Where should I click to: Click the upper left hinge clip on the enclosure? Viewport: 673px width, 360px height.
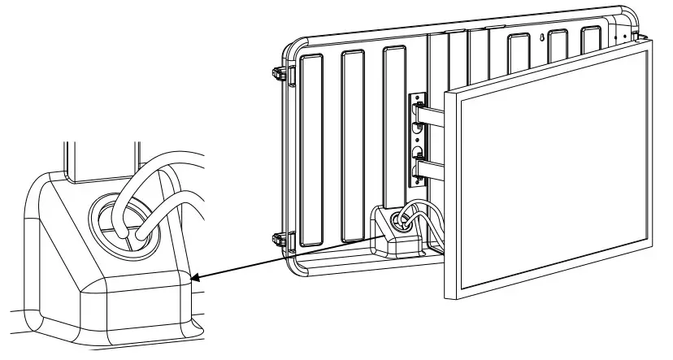pos(279,72)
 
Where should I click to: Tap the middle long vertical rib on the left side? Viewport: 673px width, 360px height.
pos(354,146)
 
